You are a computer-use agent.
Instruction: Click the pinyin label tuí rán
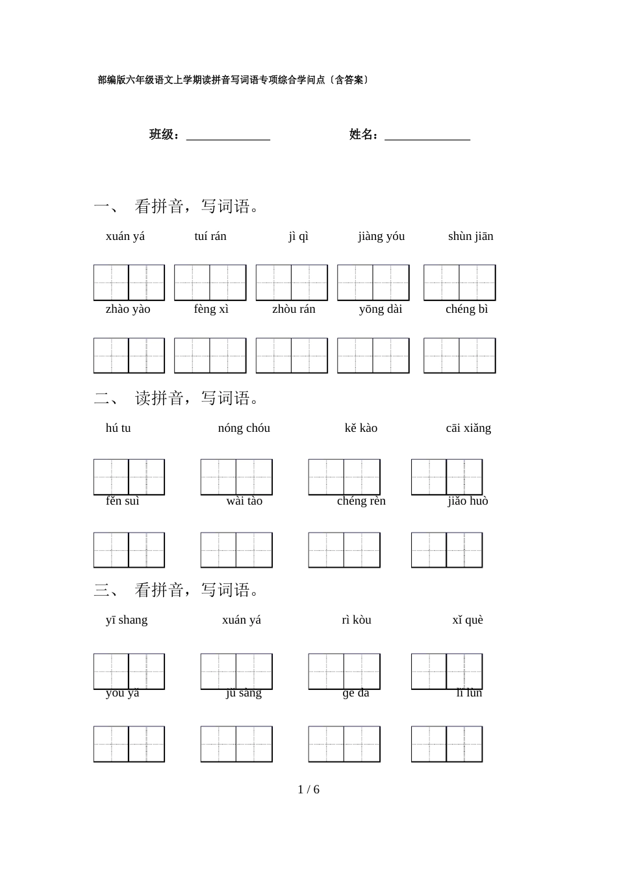point(210,236)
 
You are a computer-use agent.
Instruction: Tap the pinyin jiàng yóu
point(381,236)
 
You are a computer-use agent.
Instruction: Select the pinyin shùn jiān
point(470,236)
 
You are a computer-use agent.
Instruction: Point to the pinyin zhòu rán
point(294,309)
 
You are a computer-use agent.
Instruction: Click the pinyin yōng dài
point(381,309)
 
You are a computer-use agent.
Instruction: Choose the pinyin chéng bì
point(466,309)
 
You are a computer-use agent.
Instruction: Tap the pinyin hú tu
point(118,428)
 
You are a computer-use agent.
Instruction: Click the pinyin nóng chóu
point(244,428)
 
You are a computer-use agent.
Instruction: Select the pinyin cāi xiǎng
point(468,428)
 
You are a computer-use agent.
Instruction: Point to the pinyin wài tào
point(244,501)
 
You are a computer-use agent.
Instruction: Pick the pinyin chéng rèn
point(361,501)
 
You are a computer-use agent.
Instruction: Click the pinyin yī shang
point(127,620)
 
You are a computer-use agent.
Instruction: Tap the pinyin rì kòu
point(357,620)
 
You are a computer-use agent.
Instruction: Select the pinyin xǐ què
point(468,620)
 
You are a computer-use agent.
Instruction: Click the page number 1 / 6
point(308,789)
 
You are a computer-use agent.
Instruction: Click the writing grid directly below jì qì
point(292,283)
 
